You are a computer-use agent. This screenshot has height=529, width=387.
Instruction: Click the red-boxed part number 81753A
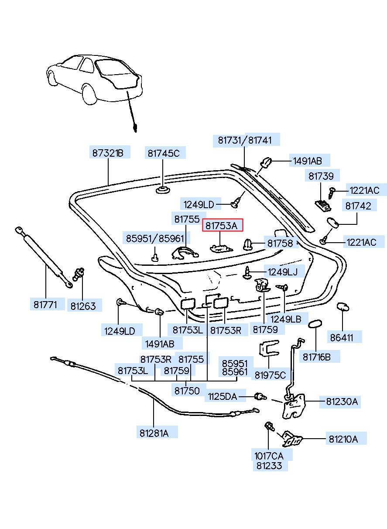(x=222, y=226)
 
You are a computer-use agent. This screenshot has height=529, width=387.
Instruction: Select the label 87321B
(x=108, y=153)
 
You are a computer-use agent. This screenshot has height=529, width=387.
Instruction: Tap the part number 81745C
(x=164, y=154)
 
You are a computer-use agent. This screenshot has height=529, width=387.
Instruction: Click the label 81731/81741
(x=245, y=140)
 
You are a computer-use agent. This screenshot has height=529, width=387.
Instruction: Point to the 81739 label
(x=321, y=176)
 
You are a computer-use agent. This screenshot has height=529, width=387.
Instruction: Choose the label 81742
(x=358, y=206)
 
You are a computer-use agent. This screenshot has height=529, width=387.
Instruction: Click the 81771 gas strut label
(x=45, y=305)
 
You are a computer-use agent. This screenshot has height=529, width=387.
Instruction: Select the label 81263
(x=83, y=306)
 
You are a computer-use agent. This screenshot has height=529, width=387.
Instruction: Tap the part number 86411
(x=342, y=338)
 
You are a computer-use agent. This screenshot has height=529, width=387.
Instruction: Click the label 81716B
(x=317, y=357)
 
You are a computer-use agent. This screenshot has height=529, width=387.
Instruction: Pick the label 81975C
(x=270, y=375)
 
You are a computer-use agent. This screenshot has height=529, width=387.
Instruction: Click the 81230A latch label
(x=342, y=402)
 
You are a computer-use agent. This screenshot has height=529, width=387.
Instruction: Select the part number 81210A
(x=343, y=439)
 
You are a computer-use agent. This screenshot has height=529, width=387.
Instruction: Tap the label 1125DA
(x=222, y=396)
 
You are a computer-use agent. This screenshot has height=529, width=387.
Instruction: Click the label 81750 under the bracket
(x=187, y=391)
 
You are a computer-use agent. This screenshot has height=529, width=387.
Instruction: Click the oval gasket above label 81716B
(x=315, y=324)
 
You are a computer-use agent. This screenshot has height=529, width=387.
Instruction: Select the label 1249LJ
(x=283, y=272)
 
